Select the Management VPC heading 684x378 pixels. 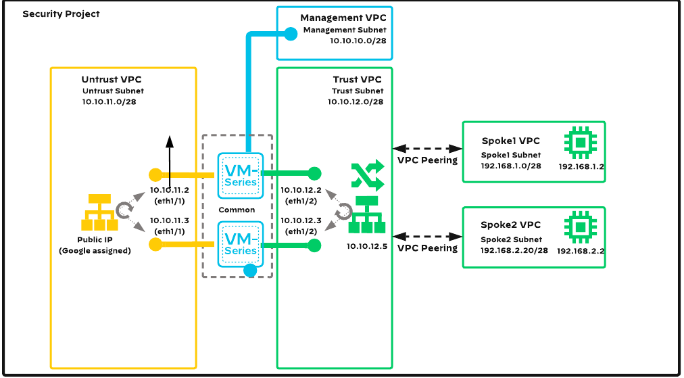pos(343,18)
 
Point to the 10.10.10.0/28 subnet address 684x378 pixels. pos(358,41)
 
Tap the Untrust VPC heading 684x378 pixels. pos(112,80)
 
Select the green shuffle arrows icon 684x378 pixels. pos(367,176)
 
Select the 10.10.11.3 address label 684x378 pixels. pos(169,220)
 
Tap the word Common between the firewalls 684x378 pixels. pos(237,210)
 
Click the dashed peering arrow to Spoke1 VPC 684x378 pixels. pos(426,147)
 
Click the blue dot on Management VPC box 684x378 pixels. pos(291,32)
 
